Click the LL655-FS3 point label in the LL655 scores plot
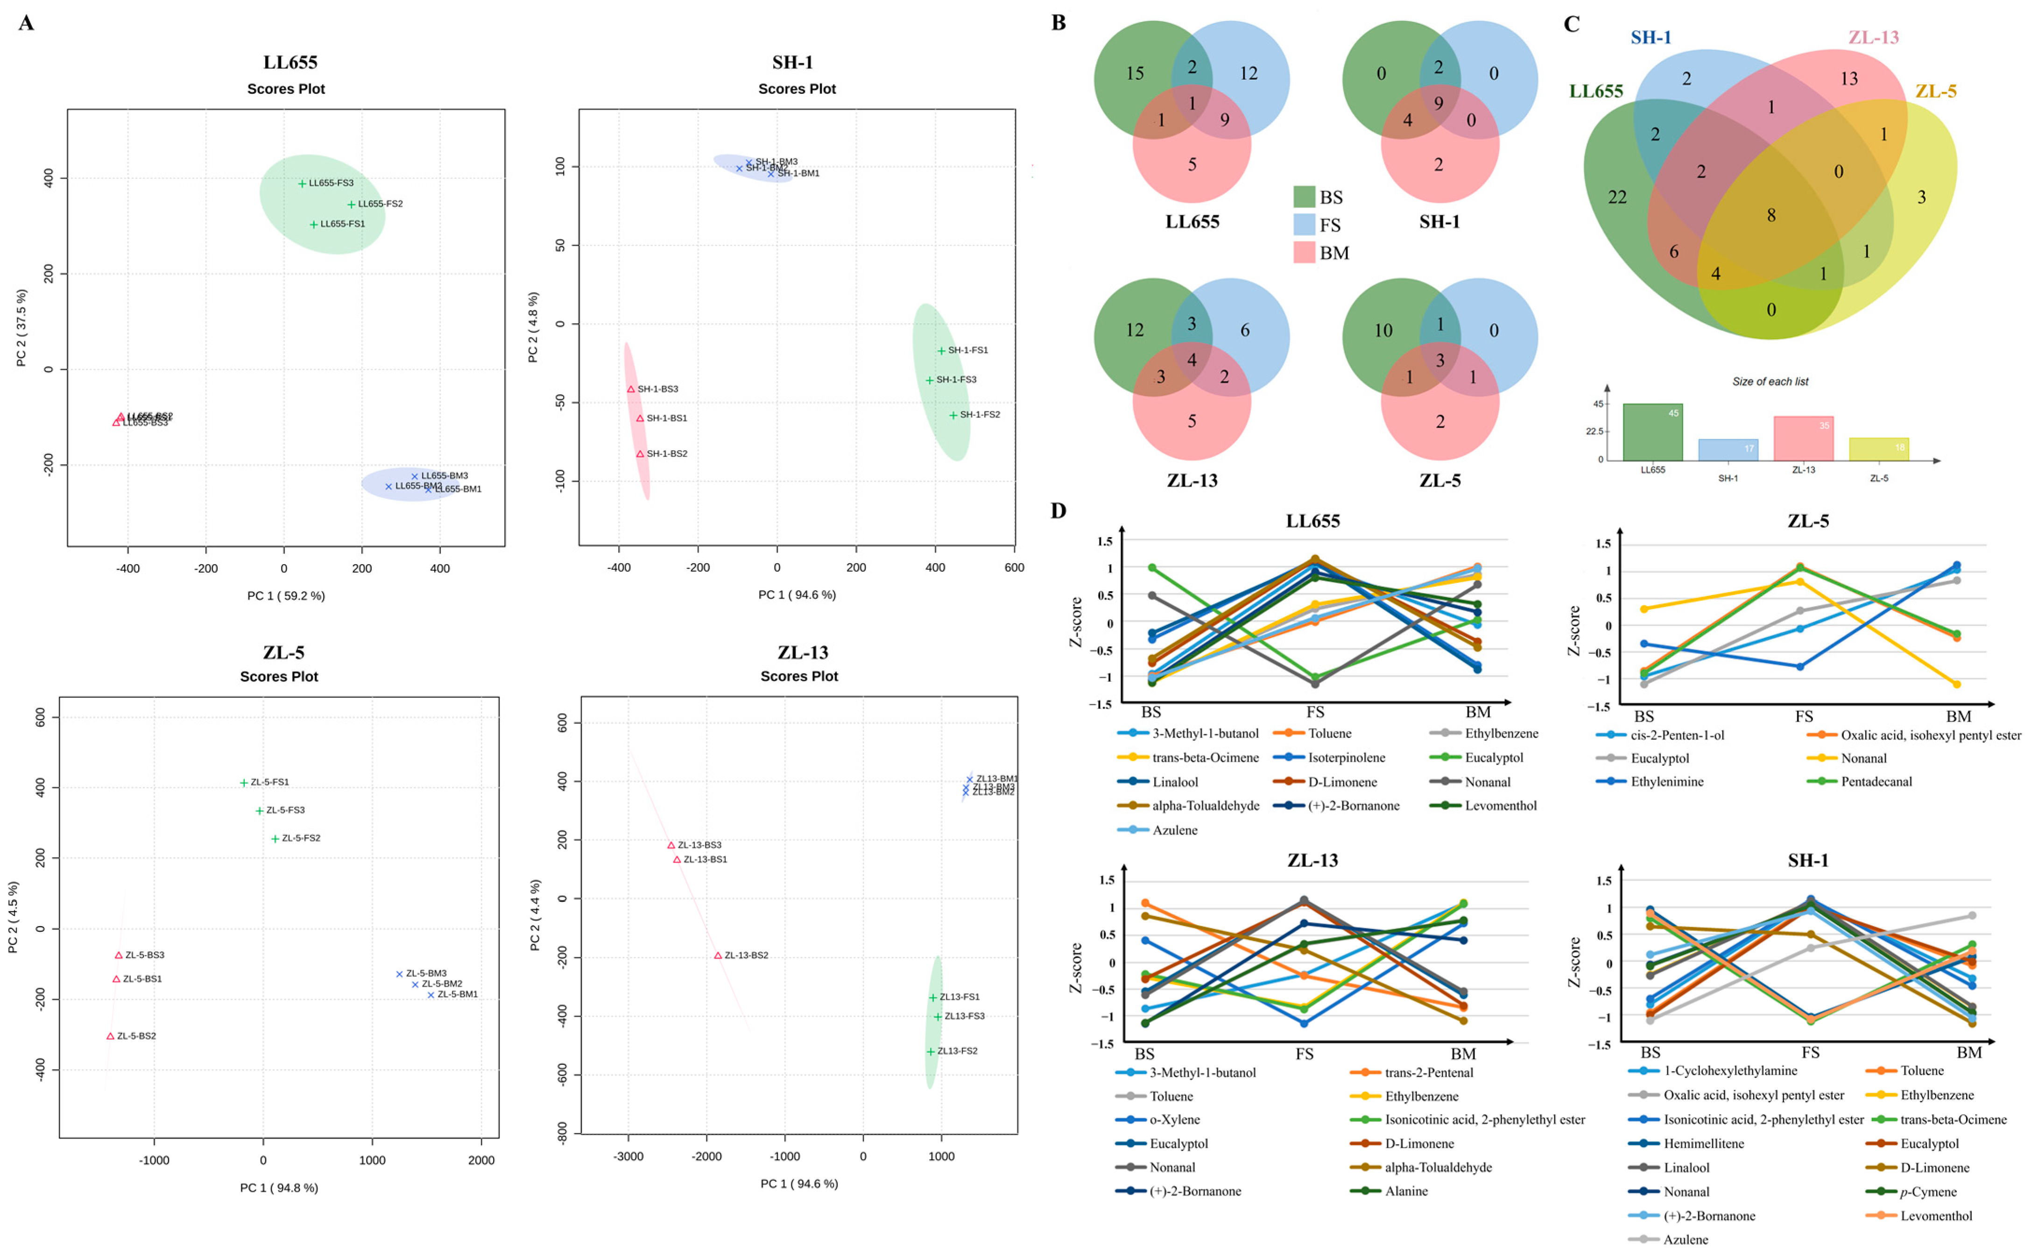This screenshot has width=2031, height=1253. [331, 183]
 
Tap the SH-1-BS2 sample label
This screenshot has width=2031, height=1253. [667, 454]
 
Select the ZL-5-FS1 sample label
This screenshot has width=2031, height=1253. [270, 782]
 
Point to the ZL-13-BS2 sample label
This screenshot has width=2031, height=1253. [746, 956]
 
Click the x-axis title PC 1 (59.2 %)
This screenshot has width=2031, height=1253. [286, 596]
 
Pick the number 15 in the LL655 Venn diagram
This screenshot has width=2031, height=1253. [1135, 74]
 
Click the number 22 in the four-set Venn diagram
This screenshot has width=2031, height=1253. [1617, 197]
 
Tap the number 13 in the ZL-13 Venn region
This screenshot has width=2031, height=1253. [1849, 79]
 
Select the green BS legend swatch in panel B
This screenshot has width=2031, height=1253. [1305, 197]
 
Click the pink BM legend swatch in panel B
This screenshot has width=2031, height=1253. [1305, 253]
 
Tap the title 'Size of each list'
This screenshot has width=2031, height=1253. [1770, 382]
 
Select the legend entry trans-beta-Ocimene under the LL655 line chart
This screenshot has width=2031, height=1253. [1205, 757]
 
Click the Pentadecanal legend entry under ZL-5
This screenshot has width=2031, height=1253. [1876, 781]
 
